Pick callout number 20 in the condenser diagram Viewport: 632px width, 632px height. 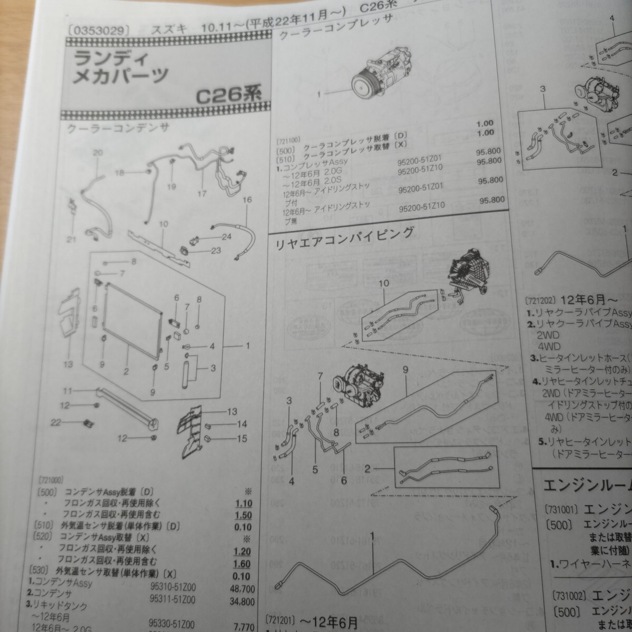[x=97, y=153]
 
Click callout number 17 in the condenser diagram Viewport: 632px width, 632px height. [x=202, y=194]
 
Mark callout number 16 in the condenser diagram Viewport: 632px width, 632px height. [x=247, y=200]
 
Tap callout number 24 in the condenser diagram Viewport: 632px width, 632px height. [x=226, y=237]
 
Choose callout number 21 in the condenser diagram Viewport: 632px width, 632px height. [x=71, y=240]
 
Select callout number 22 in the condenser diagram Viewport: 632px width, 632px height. [x=56, y=422]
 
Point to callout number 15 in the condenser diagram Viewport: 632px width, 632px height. [x=242, y=438]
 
